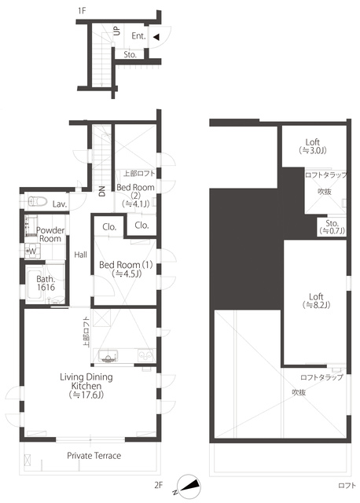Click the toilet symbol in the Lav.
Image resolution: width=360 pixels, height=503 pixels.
[38, 201]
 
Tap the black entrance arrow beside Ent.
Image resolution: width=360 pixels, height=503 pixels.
[156, 37]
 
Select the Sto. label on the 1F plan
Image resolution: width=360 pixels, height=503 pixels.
[130, 54]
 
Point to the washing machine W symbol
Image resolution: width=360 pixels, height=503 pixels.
[33, 251]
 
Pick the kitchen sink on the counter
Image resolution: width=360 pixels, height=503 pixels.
[108, 356]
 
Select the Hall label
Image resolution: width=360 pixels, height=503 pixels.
[80, 255]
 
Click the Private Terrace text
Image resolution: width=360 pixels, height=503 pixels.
[94, 456]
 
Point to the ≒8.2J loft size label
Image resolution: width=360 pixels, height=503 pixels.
[316, 305]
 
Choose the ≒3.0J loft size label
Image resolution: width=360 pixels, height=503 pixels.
[313, 150]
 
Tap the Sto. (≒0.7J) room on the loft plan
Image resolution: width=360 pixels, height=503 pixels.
[332, 227]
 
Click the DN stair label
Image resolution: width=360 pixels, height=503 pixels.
[102, 192]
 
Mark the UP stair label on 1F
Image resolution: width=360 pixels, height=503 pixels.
[117, 31]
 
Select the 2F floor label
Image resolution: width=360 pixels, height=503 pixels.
[159, 485]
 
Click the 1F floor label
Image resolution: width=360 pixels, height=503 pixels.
[82, 10]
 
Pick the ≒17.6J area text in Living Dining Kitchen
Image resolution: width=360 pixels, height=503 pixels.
[86, 395]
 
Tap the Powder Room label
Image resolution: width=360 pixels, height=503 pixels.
[50, 234]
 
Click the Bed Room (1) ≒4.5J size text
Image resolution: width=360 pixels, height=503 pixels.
[127, 274]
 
